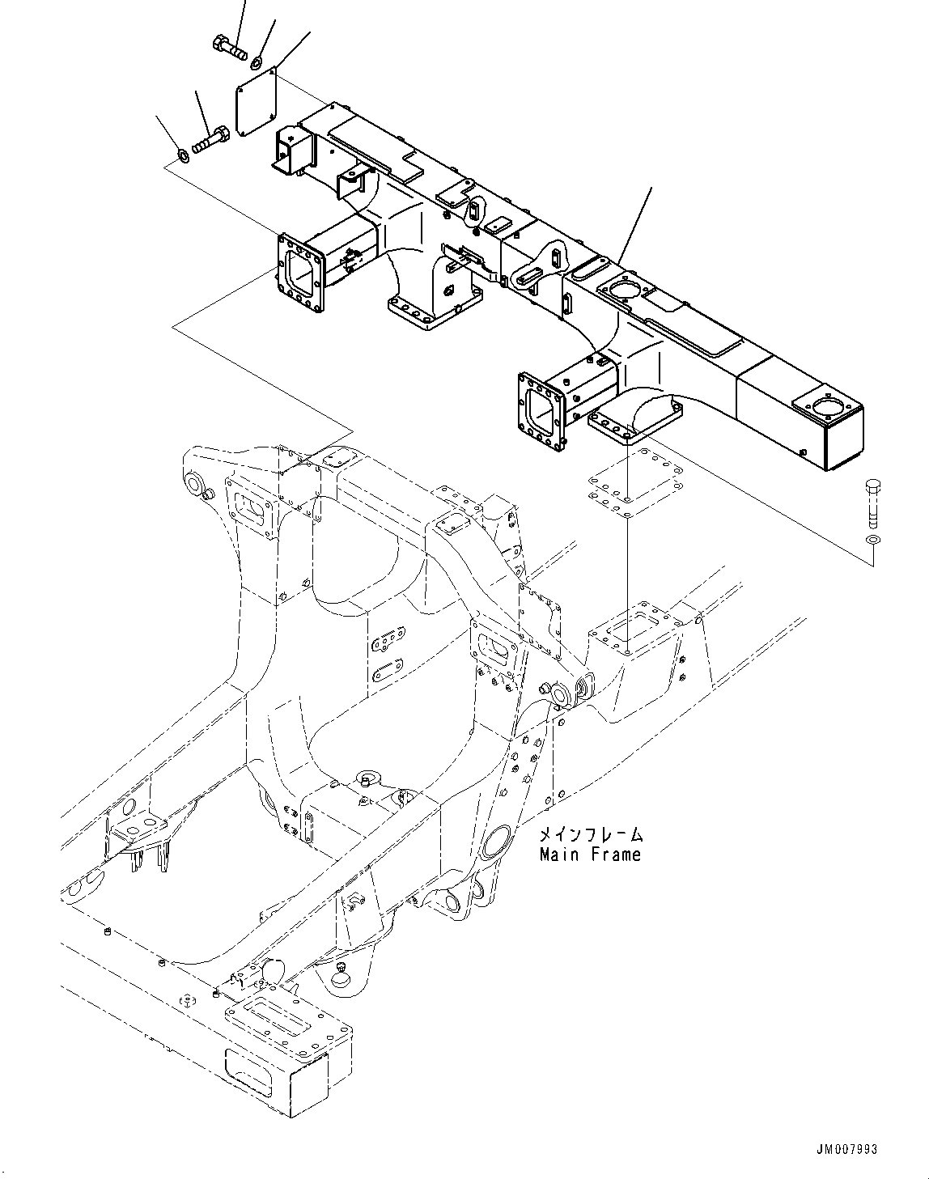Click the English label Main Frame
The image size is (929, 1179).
point(590,855)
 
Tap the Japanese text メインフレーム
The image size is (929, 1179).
point(591,834)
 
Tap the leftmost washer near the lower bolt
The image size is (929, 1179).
point(184,154)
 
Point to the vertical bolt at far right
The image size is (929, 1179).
point(872,503)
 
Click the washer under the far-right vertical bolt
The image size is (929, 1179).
point(872,541)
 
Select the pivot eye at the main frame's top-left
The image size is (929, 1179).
point(195,484)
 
